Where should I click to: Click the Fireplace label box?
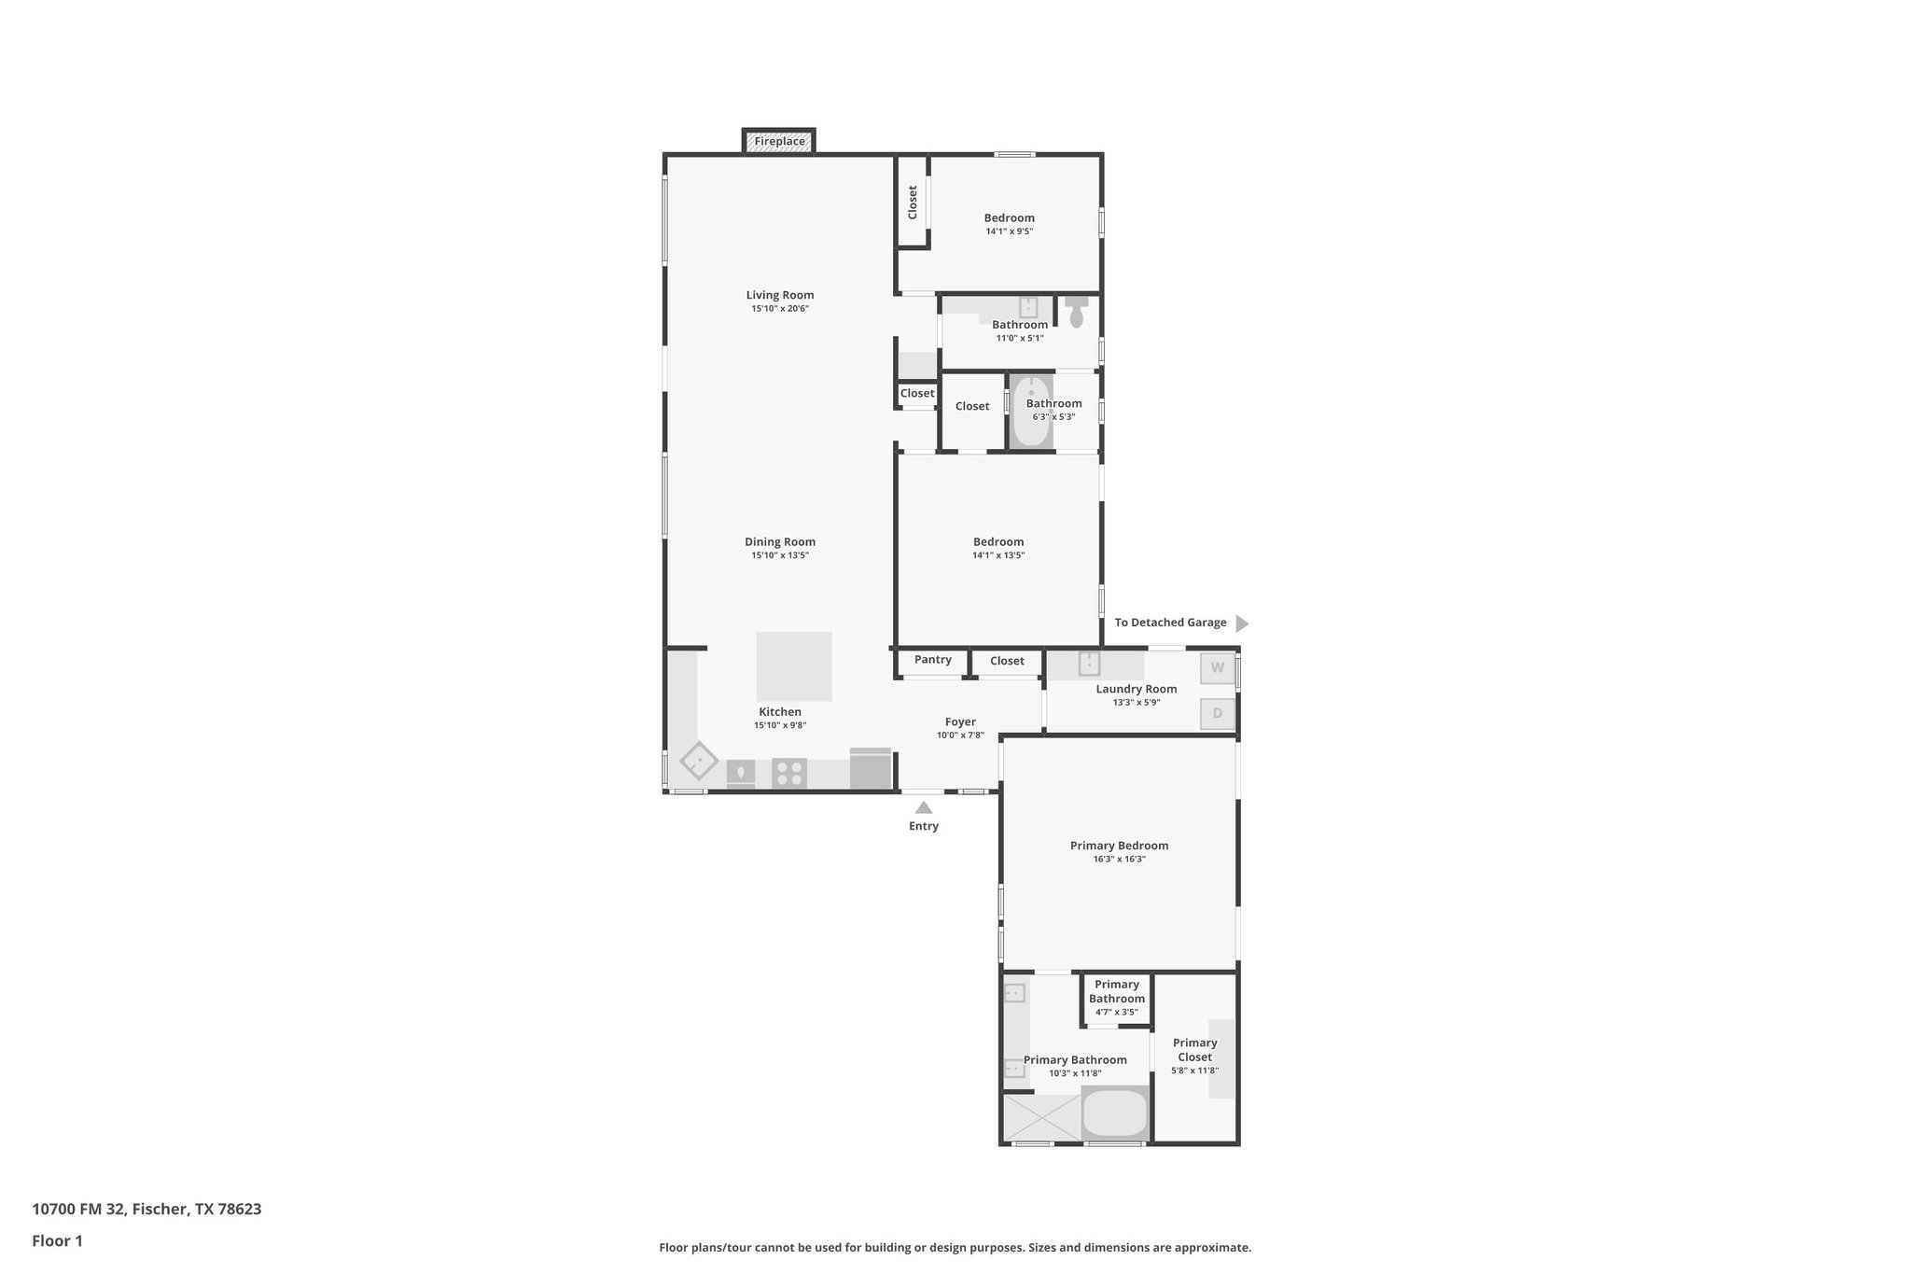coord(779,142)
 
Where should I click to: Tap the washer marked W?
coord(1217,668)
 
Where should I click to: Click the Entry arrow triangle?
coord(923,808)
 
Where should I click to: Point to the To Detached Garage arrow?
coord(1241,623)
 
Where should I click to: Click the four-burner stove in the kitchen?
coord(789,774)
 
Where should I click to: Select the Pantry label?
coord(932,660)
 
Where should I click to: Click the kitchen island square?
coord(793,666)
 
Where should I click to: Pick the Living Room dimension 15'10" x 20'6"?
coord(780,309)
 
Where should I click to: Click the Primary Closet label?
coord(1194,1050)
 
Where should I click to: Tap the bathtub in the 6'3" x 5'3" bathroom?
coord(1031,412)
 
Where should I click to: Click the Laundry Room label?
coord(1136,689)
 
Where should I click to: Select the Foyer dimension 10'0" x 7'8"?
coord(960,735)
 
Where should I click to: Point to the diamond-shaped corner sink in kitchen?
coord(698,761)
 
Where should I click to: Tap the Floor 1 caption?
coord(57,1241)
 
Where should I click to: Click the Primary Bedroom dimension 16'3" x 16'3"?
coord(1119,860)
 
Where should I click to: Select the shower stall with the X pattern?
coord(1040,1117)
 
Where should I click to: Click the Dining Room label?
coord(780,541)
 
